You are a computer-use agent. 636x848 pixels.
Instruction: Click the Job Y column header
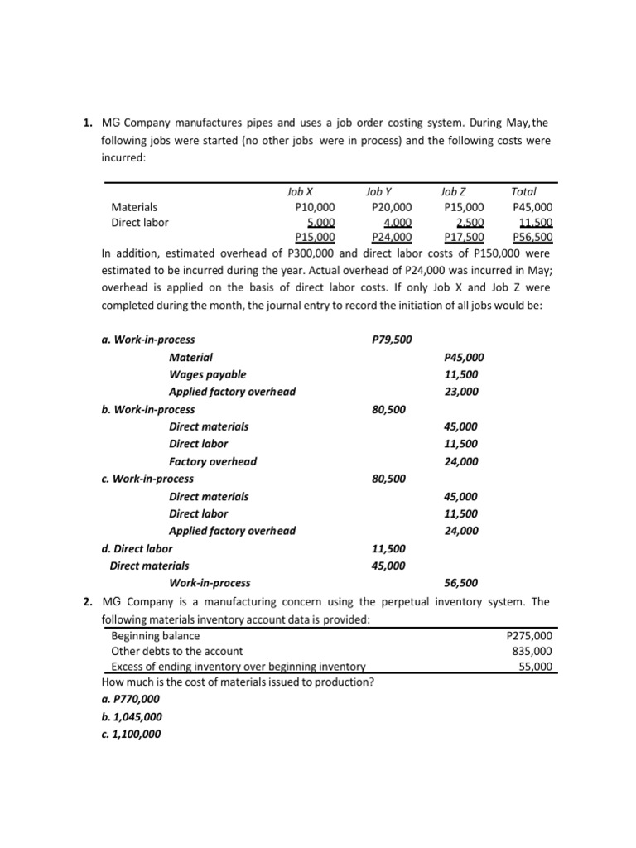tap(378, 191)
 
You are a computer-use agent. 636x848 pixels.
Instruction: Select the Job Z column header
tap(454, 191)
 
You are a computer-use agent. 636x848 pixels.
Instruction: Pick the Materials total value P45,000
tap(532, 207)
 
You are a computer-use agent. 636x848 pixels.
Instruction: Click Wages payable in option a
tap(207, 374)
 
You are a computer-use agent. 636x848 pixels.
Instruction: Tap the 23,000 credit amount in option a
tap(461, 392)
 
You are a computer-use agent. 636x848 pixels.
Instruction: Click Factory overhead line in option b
tap(213, 461)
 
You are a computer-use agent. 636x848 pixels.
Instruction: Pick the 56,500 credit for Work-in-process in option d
tap(461, 583)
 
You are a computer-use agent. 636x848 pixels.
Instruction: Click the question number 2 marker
tap(87, 602)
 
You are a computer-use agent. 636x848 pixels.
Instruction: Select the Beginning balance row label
tap(155, 636)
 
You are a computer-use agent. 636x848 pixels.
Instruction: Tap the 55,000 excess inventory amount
tap(536, 667)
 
